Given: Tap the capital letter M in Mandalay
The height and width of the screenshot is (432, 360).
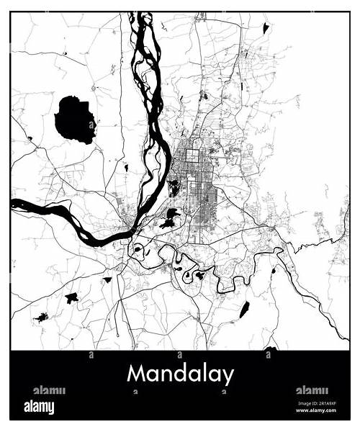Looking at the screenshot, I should tap(137, 374).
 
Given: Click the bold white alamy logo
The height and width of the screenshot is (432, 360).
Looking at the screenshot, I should tap(39, 408).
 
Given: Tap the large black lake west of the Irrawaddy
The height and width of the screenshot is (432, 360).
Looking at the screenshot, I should tap(74, 119).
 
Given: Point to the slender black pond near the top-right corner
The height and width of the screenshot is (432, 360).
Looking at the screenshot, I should tap(266, 28).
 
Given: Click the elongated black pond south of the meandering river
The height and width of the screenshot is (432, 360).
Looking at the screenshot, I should tap(244, 310).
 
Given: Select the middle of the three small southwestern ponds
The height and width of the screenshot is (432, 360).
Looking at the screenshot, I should tap(71, 297).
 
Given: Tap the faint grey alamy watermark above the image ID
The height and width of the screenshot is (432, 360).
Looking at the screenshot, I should tap(312, 390).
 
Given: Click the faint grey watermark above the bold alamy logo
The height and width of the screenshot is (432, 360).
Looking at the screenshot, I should tap(48, 390).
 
